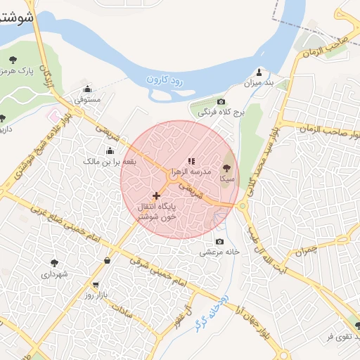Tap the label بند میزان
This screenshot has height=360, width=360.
[x=258, y=84]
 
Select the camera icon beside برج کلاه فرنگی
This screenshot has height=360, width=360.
[x=221, y=102]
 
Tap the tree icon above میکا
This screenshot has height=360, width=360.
[x=226, y=167]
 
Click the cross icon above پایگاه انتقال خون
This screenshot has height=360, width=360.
[x=156, y=195]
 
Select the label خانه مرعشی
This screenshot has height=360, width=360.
[x=219, y=252]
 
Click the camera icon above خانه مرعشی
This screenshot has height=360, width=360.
[x=219, y=242]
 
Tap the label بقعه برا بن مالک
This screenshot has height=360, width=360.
[x=110, y=162]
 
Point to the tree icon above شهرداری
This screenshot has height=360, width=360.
[x=54, y=262]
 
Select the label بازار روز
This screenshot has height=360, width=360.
[x=95, y=295]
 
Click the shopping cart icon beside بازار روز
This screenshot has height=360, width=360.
[x=95, y=285]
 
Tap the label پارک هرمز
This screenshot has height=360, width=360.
[x=34, y=72]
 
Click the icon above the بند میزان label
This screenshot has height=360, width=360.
[x=259, y=72]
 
